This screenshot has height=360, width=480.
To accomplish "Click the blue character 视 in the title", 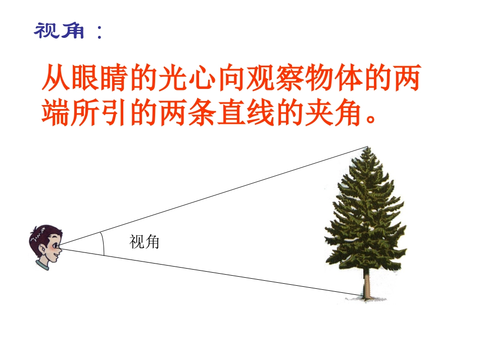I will [x=45, y=31].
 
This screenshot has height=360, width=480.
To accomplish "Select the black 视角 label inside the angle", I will [x=145, y=242].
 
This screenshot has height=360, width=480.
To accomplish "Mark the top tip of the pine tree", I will [x=368, y=148].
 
